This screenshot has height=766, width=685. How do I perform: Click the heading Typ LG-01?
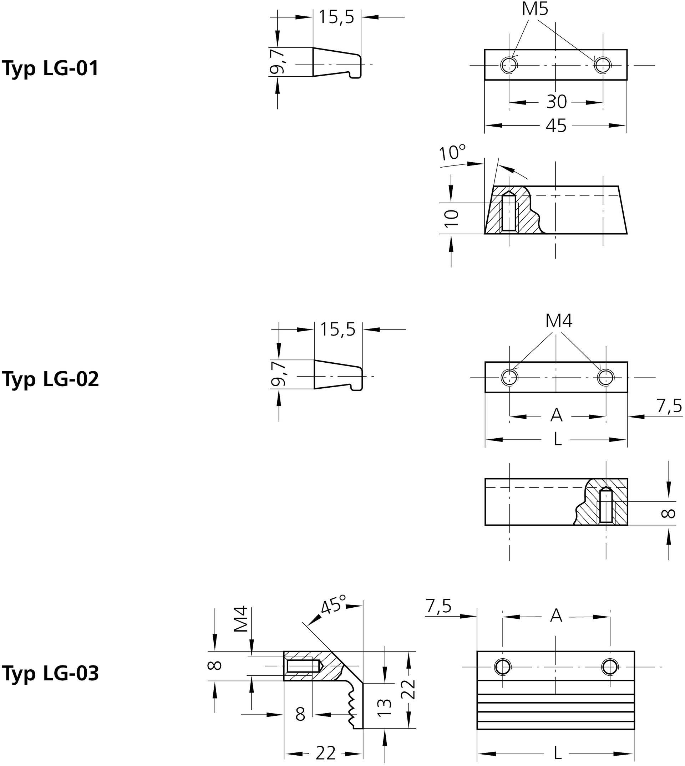pyautogui.click(x=50, y=68)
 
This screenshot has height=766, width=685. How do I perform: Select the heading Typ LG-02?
pyautogui.click(x=50, y=379)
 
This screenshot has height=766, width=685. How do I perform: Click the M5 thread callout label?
pyautogui.click(x=535, y=9)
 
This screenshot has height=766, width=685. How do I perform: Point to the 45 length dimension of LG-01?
pyautogui.click(x=556, y=126)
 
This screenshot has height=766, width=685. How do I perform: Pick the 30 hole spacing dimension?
pyautogui.click(x=556, y=102)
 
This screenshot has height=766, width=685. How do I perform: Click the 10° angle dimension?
pyautogui.click(x=452, y=153)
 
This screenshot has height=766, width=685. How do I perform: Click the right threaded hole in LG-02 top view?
pyautogui.click(x=606, y=377)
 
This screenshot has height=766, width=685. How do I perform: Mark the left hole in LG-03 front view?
pyautogui.click(x=502, y=667)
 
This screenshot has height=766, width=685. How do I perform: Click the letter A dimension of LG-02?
pyautogui.click(x=556, y=416)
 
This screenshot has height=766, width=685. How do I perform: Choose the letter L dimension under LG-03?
pyautogui.click(x=557, y=754)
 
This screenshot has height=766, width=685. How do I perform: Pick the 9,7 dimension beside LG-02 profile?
pyautogui.click(x=279, y=374)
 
